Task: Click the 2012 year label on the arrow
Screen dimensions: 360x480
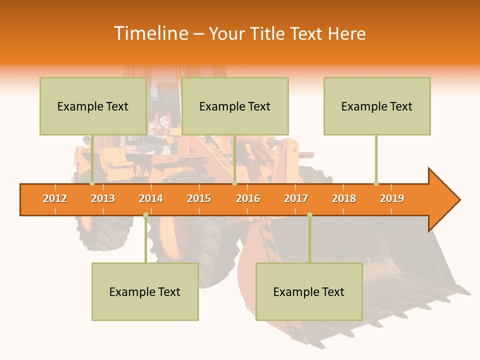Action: point(55,198)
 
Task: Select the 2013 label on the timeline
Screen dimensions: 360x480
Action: point(103,198)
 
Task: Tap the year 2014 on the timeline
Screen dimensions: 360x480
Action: point(151,198)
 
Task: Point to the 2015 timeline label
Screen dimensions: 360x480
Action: point(199,198)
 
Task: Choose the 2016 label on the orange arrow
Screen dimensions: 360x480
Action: point(248,198)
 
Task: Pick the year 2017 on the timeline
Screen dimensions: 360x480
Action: point(296,198)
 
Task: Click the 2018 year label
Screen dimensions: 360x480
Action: point(344,198)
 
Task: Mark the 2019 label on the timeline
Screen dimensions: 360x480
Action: point(392,198)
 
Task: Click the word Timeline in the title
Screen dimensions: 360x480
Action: point(150,33)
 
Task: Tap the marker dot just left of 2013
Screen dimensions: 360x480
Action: point(92,183)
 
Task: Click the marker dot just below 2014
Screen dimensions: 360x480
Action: point(145,215)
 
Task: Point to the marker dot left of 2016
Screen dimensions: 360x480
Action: point(234,183)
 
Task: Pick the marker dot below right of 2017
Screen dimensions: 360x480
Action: point(309,215)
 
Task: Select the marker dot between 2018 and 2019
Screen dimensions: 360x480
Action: point(376,183)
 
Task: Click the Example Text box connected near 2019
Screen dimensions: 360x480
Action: point(377,106)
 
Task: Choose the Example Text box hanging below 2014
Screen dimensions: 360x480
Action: point(145,291)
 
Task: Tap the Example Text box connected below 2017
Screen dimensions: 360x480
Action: point(309,291)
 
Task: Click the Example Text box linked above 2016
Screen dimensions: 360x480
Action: point(235,106)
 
